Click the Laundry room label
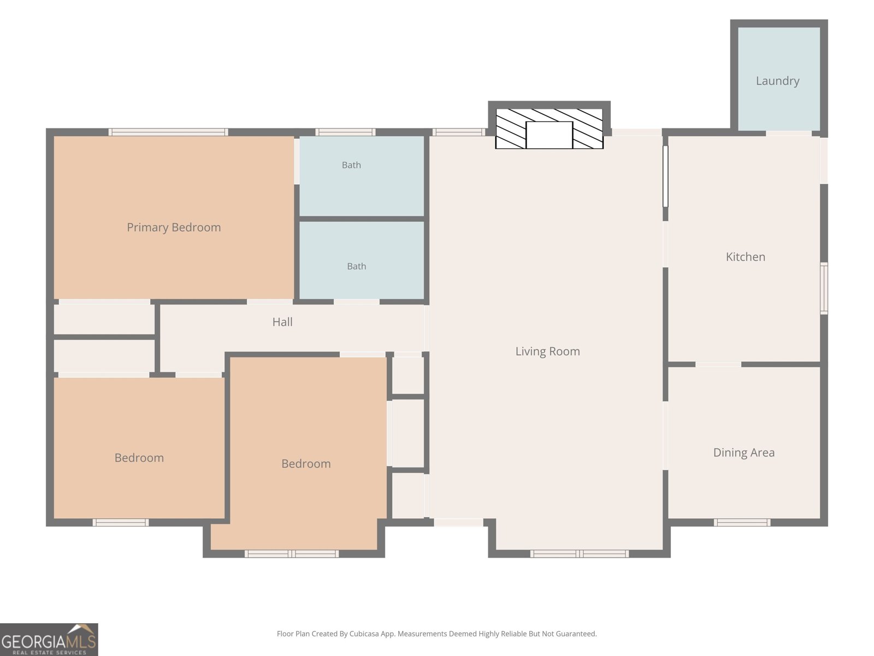point(778,81)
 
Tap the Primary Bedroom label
point(174,227)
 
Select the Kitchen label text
point(746,257)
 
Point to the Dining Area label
point(744,453)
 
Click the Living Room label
point(547,352)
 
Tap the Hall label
point(282,322)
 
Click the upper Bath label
point(351,165)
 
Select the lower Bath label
point(356,266)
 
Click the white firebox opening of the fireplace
point(549,135)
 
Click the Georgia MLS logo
point(49,639)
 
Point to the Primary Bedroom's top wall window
point(168,132)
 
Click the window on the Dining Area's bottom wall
point(742,522)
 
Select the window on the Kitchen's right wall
point(824,289)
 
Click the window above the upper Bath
point(346,132)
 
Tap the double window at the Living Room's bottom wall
point(580,554)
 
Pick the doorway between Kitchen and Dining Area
point(718,365)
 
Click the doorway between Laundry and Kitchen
point(789,133)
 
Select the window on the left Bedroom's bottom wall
point(121,522)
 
